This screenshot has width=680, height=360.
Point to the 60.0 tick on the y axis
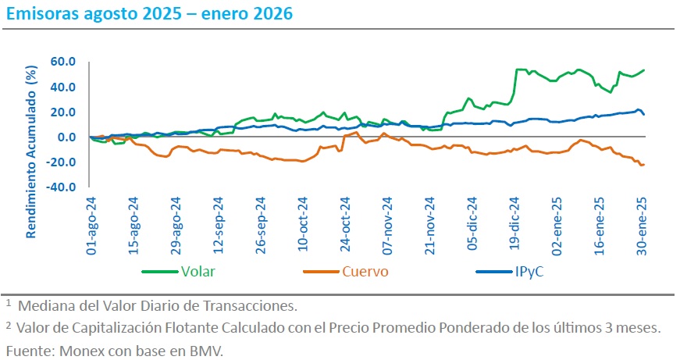tap(61, 62)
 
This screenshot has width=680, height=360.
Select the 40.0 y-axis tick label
tap(61, 87)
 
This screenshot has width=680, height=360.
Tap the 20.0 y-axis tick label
tap(61, 112)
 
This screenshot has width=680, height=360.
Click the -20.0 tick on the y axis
tap(59, 162)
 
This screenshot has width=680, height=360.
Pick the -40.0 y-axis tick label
tap(59, 187)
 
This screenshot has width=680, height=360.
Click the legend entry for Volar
tap(198, 272)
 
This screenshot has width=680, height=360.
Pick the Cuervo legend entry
tap(364, 272)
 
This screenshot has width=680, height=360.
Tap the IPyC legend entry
tap(530, 272)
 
